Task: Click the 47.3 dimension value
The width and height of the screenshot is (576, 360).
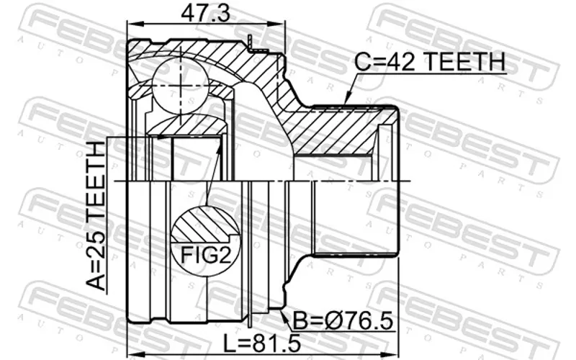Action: pos(205,13)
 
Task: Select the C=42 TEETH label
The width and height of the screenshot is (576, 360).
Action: pos(430,61)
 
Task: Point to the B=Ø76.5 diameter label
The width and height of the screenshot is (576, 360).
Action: pos(343,320)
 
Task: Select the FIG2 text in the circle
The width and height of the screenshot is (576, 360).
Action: pos(206,255)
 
